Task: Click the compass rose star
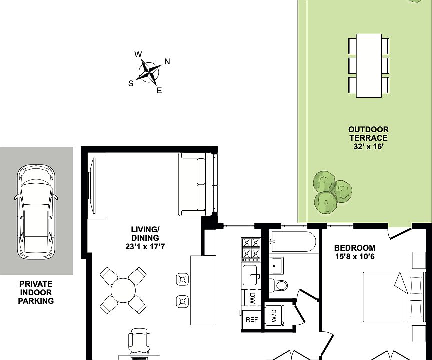pos(149,73)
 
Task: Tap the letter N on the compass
pos(167,62)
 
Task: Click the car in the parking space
pos(36,212)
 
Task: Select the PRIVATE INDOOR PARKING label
pos(36,292)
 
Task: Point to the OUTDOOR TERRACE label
pos(368,134)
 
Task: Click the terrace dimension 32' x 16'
pos(368,146)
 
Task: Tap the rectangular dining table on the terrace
pos(369,66)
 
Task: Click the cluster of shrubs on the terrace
pos(332,192)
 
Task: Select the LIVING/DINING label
pos(145,234)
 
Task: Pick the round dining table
pos(123,290)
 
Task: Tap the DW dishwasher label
pos(252,298)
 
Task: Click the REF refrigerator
pos(251,319)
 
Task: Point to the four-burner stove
pos(251,249)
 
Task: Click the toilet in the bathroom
pos(278,285)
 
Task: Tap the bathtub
pos(293,242)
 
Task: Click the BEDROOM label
pos(355,248)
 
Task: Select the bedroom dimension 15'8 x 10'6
pos(355,257)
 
